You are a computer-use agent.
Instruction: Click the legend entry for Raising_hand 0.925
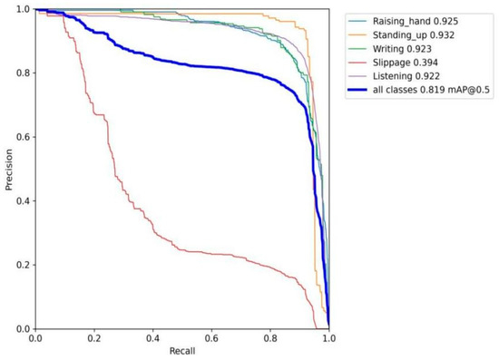(x=418, y=18)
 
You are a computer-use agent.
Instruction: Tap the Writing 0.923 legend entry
(x=409, y=51)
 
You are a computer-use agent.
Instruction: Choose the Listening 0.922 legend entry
(x=414, y=83)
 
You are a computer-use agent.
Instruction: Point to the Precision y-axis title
(x=8, y=170)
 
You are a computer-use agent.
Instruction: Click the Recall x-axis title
(x=181, y=352)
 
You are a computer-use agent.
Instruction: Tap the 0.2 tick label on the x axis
(x=94, y=337)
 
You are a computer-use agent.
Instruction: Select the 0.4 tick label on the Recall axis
(x=152, y=337)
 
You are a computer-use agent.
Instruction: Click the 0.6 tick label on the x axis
(x=211, y=337)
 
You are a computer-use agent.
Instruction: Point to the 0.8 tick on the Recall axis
(x=270, y=337)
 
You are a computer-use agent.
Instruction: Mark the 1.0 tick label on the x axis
(x=328, y=337)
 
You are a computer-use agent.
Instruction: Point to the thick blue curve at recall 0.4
(x=152, y=59)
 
